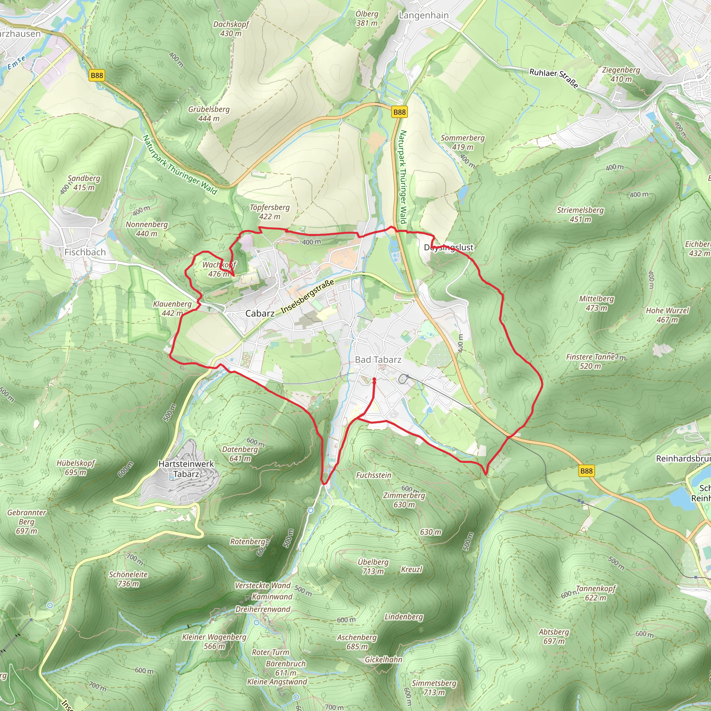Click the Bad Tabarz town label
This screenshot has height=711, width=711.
[x=378, y=360]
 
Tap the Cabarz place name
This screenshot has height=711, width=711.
[x=260, y=313]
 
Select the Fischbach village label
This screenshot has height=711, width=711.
[x=85, y=252]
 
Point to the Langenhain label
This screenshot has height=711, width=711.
[x=424, y=16]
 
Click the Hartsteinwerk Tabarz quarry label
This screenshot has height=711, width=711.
[x=186, y=469]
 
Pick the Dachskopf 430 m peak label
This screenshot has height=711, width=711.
[x=231, y=29]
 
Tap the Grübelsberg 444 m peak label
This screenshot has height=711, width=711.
[x=209, y=114]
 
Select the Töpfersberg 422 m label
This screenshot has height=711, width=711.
[x=270, y=212]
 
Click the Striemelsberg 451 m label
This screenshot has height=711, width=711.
[x=580, y=215]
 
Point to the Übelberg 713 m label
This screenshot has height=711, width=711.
[x=373, y=567]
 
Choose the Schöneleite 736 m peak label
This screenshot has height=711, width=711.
[x=128, y=579]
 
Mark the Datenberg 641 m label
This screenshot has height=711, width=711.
[x=240, y=454]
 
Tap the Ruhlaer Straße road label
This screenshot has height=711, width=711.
[x=553, y=78]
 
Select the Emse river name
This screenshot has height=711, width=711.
[x=17, y=62]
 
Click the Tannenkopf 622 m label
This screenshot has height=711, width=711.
[x=596, y=593]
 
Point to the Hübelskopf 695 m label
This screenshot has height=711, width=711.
[x=76, y=467]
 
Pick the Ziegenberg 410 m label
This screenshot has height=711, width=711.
[x=621, y=74]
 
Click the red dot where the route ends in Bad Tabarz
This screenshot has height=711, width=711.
[x=374, y=379]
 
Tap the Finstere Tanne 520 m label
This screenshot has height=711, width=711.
[x=590, y=361]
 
